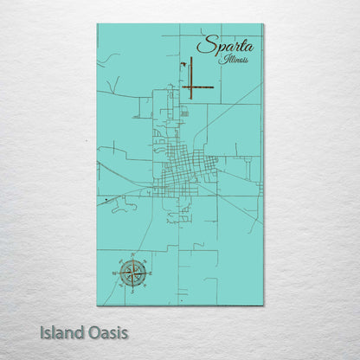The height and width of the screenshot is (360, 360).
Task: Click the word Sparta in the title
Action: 221,46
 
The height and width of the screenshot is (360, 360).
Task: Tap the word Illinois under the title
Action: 235,61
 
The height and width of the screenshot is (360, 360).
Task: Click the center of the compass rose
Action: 132,273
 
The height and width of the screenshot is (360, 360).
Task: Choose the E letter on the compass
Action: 151,273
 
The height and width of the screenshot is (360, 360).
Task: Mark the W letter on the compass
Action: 114,273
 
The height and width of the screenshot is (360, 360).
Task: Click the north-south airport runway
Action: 190,76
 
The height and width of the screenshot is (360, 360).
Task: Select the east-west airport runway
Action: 199,87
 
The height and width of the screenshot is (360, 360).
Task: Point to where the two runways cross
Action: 190,87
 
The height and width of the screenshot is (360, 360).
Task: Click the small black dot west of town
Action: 105,201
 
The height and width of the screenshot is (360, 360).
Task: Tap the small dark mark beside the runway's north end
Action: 183,62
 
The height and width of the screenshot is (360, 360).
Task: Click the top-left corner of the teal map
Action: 98,24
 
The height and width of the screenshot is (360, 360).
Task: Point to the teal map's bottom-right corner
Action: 263,305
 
